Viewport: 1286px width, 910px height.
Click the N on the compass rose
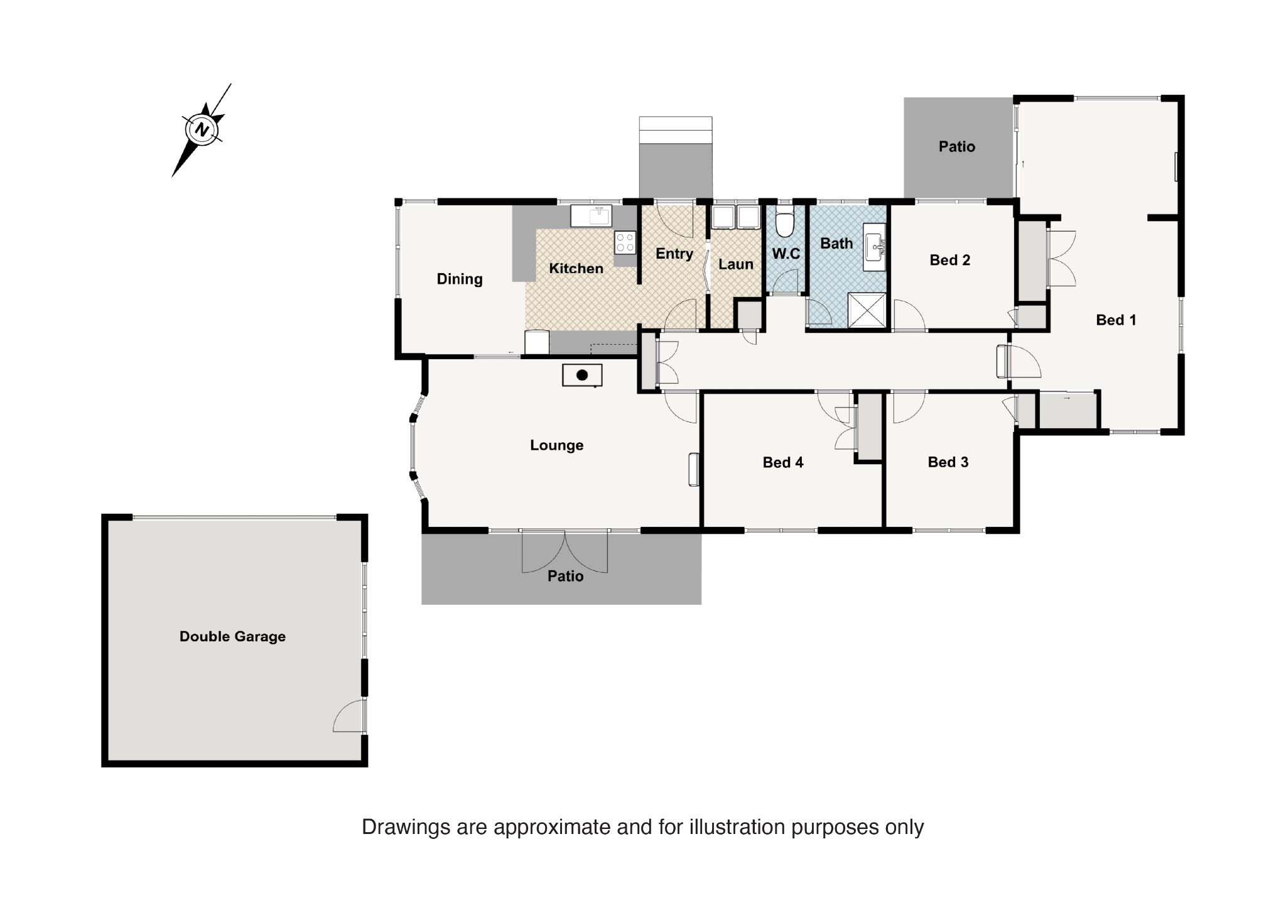pyautogui.click(x=202, y=130)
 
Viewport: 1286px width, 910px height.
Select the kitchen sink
pyautogui.click(x=592, y=215)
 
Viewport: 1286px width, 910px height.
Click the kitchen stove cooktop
pyautogui.click(x=625, y=242)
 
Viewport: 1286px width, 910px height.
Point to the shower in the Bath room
pyautogui.click(x=867, y=310)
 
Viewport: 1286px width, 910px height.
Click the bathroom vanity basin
pyautogui.click(x=873, y=247)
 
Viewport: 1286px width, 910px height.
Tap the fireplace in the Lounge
pyautogui.click(x=582, y=375)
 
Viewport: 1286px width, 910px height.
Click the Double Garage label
pyautogui.click(x=232, y=637)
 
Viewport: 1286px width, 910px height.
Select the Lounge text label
pyautogui.click(x=557, y=445)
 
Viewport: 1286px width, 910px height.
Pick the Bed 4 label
pyautogui.click(x=783, y=463)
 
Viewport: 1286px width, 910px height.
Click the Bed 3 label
pyautogui.click(x=948, y=462)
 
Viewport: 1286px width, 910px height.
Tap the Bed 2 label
pyautogui.click(x=950, y=260)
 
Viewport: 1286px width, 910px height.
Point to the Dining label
pyautogui.click(x=460, y=279)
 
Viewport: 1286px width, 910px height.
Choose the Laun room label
pyautogui.click(x=736, y=264)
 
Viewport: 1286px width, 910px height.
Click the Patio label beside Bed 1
pyautogui.click(x=957, y=147)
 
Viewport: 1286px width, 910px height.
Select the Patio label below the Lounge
pyautogui.click(x=565, y=577)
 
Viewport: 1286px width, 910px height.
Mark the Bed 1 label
pyautogui.click(x=1116, y=320)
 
